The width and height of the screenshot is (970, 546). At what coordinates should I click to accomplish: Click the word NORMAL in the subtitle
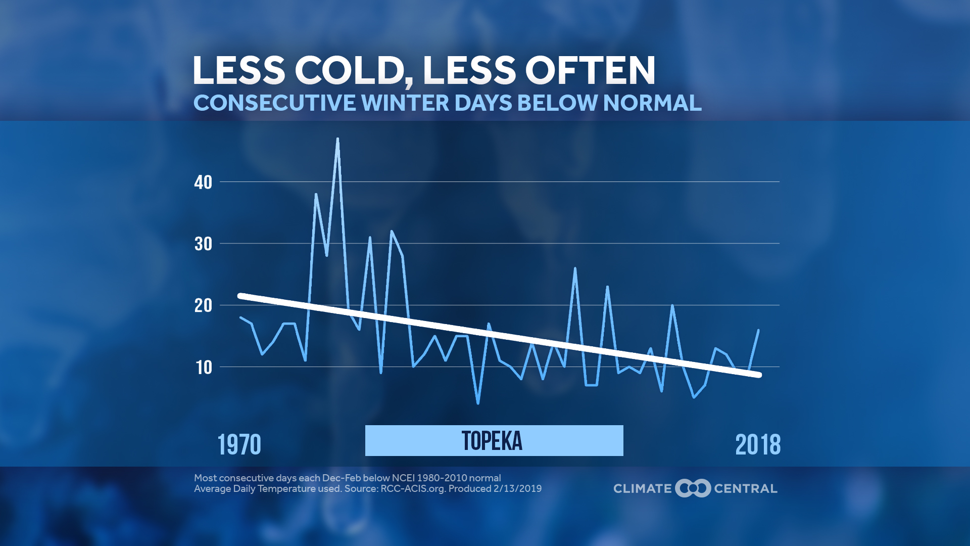click(652, 103)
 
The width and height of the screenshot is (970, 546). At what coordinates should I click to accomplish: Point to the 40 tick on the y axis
click(203, 183)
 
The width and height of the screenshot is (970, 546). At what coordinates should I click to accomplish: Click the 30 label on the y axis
click(203, 244)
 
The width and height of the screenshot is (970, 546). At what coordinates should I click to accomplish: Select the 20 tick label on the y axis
click(203, 306)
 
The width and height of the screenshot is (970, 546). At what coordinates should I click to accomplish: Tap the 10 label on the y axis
click(204, 368)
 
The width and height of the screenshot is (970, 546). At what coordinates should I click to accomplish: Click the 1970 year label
click(239, 445)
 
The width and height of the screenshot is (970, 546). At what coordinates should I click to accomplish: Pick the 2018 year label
click(758, 445)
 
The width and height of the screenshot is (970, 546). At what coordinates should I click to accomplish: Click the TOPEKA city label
click(493, 441)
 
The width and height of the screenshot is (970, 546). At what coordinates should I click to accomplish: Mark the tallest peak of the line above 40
click(337, 139)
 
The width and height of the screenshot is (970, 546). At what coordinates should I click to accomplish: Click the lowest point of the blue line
click(478, 403)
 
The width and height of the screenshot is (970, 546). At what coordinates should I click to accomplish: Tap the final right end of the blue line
click(758, 330)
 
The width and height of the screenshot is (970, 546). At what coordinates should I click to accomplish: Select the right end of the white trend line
click(759, 375)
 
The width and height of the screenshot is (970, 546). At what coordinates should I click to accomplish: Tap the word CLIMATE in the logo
click(642, 489)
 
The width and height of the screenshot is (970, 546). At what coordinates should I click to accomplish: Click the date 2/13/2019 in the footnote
click(517, 489)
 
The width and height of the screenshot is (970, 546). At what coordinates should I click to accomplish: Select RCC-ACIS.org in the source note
click(412, 489)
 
